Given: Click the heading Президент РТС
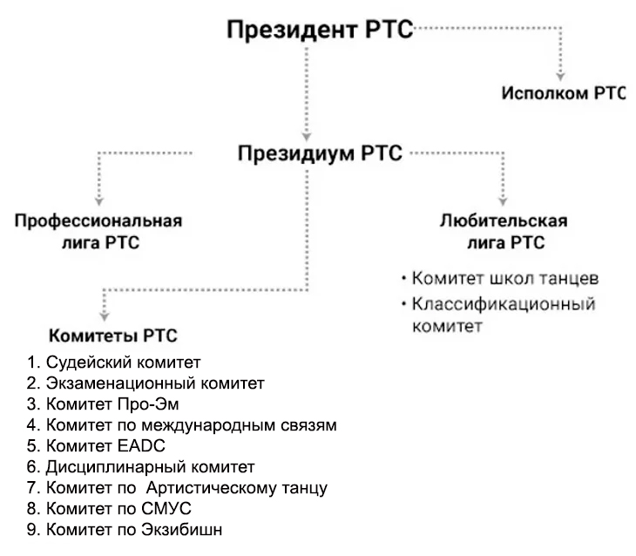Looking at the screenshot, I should click(320, 29).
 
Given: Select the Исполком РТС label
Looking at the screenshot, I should click(564, 94).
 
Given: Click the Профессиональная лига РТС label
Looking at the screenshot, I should click(98, 230).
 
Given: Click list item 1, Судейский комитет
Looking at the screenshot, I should click(113, 362).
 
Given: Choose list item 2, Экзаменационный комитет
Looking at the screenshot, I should click(145, 383).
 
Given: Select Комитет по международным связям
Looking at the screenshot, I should click(181, 424).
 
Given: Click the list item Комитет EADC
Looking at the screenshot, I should click(105, 445).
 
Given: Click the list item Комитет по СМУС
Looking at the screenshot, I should click(109, 508).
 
